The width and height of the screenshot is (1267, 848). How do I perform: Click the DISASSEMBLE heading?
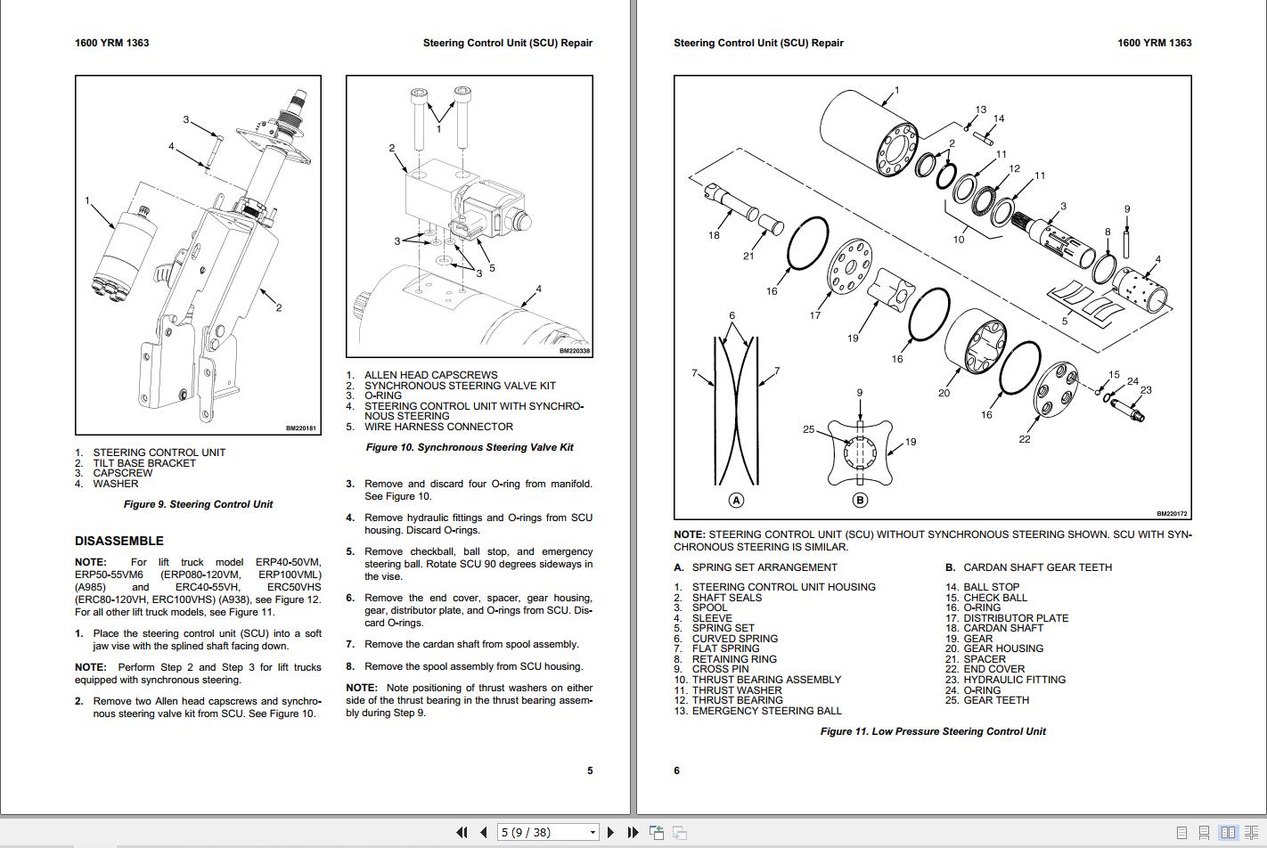(x=119, y=541)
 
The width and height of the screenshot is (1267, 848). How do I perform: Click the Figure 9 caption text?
(x=198, y=504)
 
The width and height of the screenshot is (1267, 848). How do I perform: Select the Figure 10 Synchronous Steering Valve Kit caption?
(x=470, y=447)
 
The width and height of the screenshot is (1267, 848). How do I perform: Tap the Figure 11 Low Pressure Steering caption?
(x=933, y=731)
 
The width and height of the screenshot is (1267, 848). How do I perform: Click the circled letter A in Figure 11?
(x=737, y=500)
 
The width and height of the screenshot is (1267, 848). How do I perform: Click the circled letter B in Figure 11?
(x=860, y=500)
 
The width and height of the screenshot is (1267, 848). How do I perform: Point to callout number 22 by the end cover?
(x=1025, y=439)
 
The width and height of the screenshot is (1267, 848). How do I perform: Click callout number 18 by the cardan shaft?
(x=714, y=235)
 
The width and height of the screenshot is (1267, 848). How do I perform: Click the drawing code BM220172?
(x=1172, y=514)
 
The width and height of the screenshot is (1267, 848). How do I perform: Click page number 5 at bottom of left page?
(x=589, y=771)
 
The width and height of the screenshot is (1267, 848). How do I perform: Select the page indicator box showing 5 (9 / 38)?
(x=547, y=832)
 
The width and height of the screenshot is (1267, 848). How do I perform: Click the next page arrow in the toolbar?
(x=610, y=832)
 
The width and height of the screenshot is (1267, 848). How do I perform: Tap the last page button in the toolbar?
(x=633, y=832)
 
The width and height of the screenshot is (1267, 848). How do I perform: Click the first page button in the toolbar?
(x=462, y=832)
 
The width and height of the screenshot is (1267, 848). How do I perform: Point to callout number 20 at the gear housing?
(x=944, y=393)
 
